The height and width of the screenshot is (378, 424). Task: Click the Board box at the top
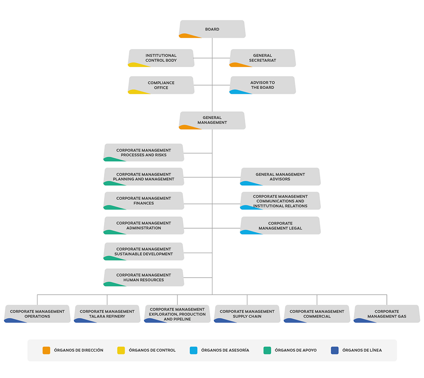pos(212,29)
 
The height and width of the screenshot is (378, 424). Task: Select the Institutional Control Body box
pos(161,58)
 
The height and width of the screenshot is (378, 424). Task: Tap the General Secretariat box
pos(263,58)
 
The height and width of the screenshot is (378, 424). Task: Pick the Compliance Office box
pos(161,85)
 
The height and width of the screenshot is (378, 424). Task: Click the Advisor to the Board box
pos(263,85)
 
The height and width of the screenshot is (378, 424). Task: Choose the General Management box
pos(212,120)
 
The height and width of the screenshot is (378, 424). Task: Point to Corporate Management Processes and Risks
pos(143,152)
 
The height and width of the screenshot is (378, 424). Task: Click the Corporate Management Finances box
pos(143,201)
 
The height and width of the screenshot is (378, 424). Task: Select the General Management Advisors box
pos(281,177)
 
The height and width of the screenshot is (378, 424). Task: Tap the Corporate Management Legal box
pos(281,226)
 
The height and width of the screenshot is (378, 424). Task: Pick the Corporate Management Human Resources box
pos(143,277)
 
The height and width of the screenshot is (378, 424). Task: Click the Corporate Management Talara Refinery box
pos(107,314)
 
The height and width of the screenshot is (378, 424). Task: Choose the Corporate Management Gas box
pos(387,314)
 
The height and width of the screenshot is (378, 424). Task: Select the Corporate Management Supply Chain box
pos(247,314)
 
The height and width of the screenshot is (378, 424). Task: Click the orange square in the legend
pos(46,351)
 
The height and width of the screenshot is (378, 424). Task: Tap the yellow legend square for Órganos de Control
pos(121,351)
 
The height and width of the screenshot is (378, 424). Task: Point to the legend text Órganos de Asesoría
pos(225,350)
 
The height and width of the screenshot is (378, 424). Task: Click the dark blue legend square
pos(335,351)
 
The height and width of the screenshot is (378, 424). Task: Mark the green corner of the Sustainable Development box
pos(112,258)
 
